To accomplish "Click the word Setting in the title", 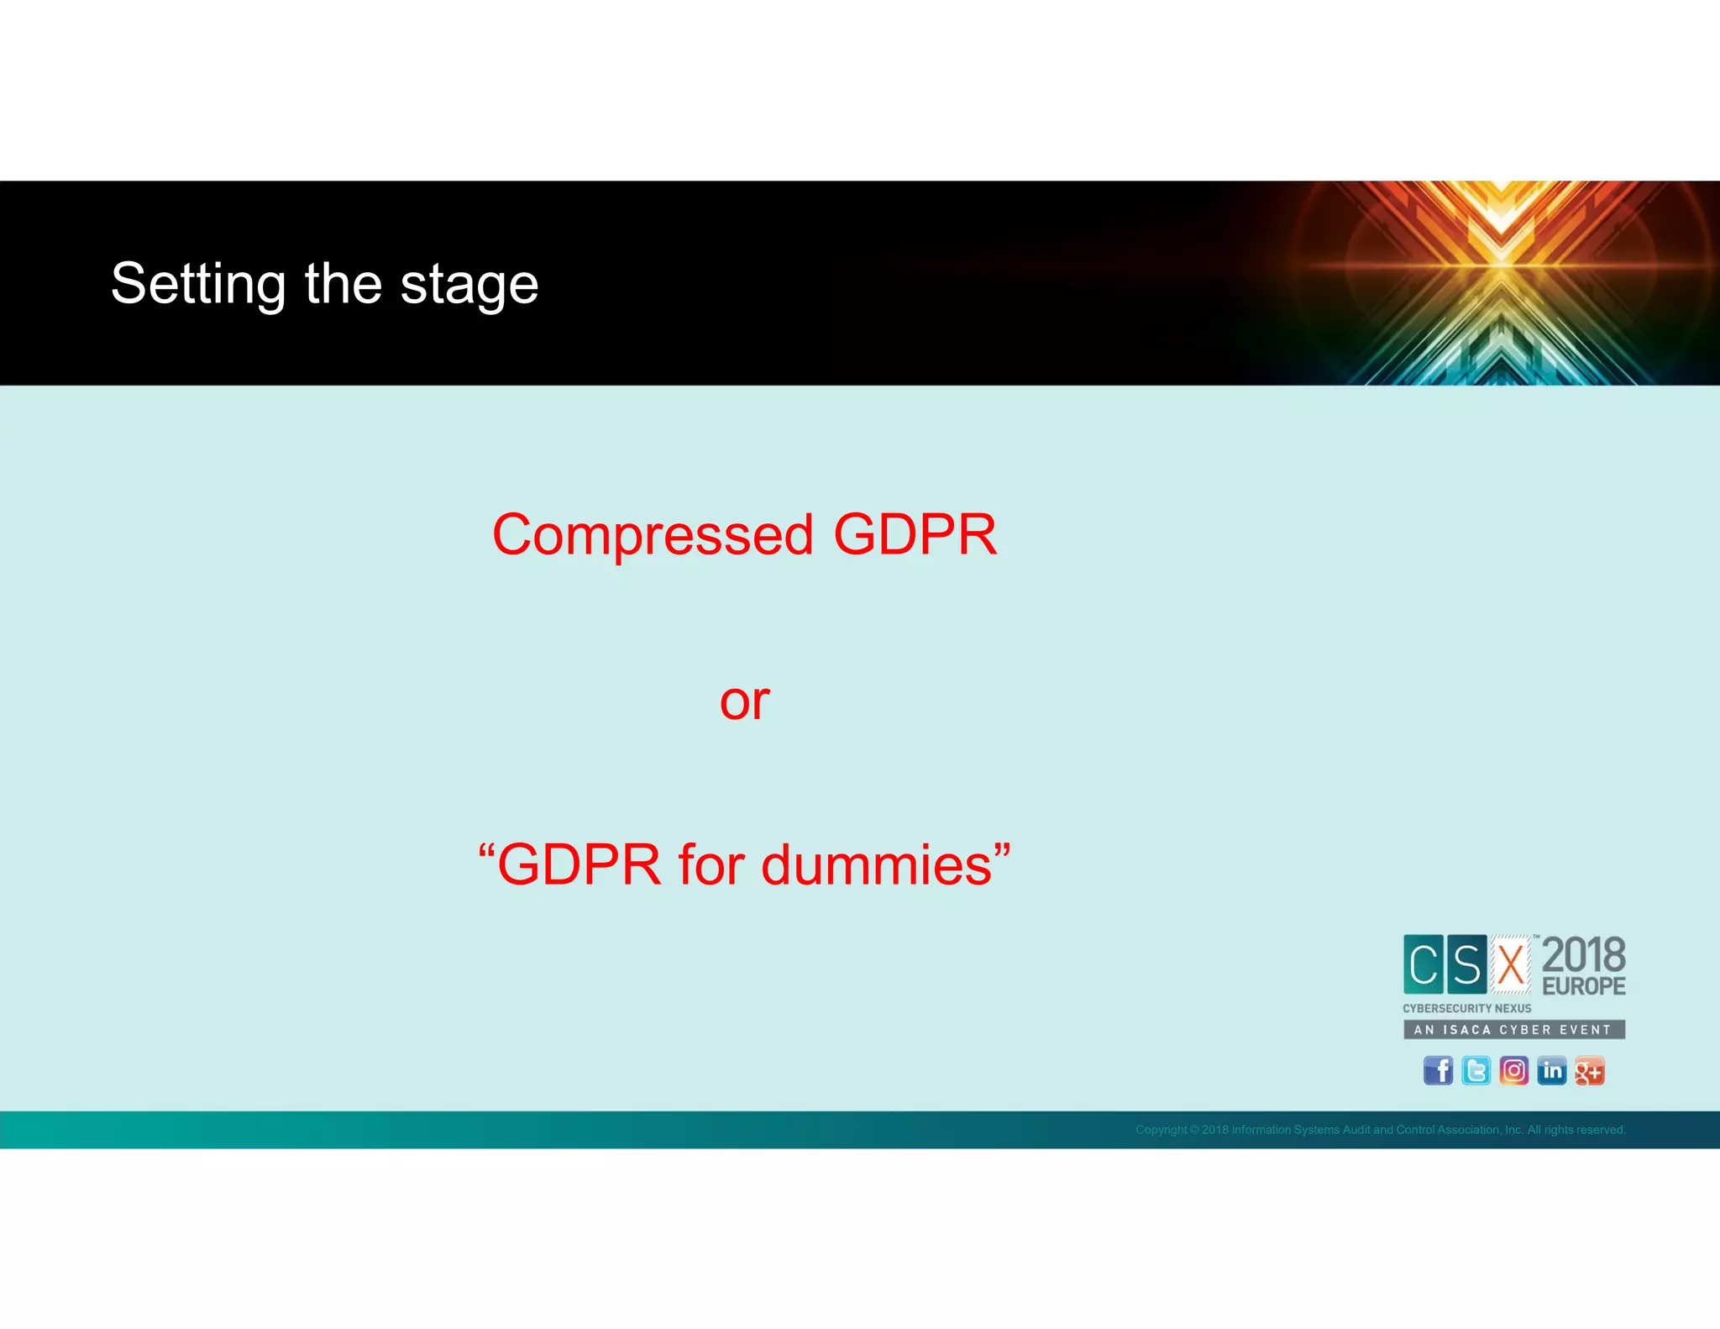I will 198,285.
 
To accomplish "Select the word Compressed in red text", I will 653,535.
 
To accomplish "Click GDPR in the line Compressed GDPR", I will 915,535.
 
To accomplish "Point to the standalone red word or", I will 744,701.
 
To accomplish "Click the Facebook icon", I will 1438,1071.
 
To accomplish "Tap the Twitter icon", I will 1476,1071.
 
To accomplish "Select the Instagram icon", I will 1513,1071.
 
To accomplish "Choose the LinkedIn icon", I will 1551,1071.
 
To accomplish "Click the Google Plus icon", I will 1589,1071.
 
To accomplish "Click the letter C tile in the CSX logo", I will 1424,964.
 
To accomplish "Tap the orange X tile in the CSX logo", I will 1510,964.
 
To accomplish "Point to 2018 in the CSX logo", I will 1584,955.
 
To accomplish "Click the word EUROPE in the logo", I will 1584,986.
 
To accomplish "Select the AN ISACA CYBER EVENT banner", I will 1513,1029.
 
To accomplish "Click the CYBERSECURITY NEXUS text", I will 1466,1008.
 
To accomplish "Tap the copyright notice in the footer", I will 1380,1130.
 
